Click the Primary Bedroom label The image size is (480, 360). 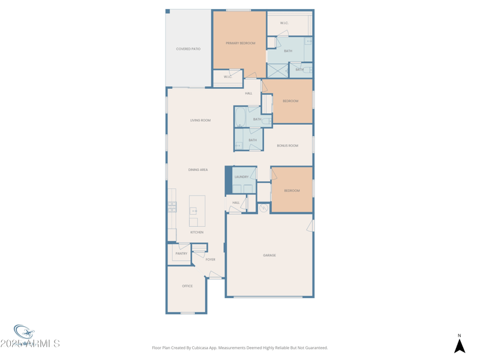pos(240,43)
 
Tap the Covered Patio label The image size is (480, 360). pos(188,49)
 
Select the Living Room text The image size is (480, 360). pos(200,121)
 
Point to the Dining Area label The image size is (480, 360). pos(198,170)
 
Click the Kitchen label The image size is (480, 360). pos(197,232)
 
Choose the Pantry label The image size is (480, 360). pos(181,254)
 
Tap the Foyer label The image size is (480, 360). pos(211,260)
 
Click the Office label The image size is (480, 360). pos(187,286)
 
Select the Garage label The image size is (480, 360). pos(269,256)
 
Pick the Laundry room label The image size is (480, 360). pos(242,177)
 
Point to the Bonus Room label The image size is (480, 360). pos(287,146)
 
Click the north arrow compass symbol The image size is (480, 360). pos(460,346)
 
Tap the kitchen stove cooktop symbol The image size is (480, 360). pos(172,207)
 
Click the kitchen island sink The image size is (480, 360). pos(193,211)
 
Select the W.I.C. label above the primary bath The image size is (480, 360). pos(284,23)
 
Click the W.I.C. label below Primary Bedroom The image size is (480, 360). pos(228,77)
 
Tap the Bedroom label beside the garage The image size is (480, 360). pos(292,191)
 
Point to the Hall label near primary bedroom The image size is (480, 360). pos(248,94)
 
